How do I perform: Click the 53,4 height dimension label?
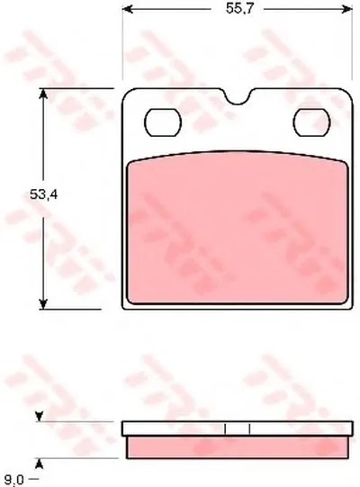(43, 194)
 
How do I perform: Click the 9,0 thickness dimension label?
(14, 480)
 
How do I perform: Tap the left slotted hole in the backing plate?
(163, 122)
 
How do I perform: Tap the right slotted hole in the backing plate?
(311, 122)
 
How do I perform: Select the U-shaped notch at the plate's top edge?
(238, 97)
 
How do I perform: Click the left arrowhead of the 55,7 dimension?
(128, 9)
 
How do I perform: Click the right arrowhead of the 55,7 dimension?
(347, 9)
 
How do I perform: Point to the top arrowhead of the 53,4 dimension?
(43, 94)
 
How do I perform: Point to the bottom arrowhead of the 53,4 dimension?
(43, 304)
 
